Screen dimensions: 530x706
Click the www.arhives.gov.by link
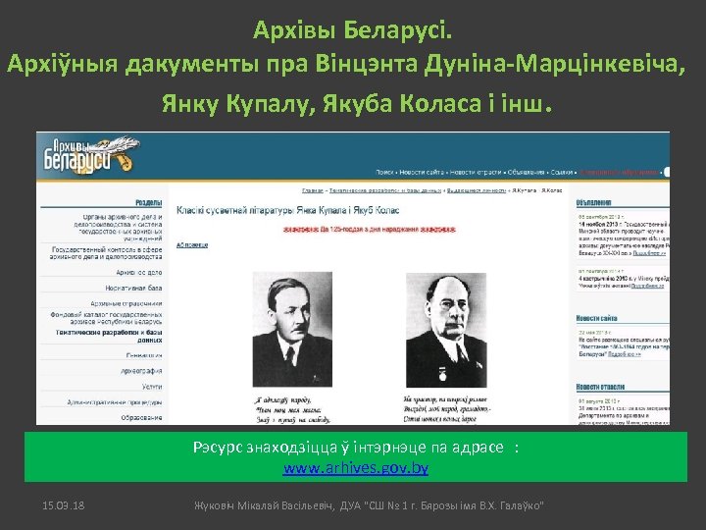(356, 469)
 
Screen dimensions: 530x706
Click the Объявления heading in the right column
(596, 200)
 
